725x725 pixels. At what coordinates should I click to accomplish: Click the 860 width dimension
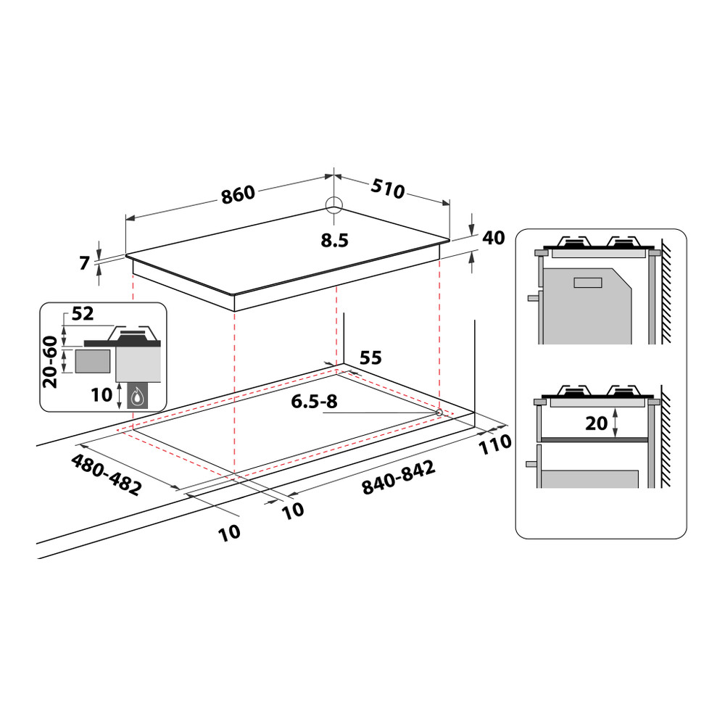click(239, 194)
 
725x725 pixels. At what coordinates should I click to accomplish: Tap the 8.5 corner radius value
click(335, 241)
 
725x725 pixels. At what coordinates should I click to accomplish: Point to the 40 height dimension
click(493, 238)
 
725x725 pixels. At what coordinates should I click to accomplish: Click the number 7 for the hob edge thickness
click(85, 263)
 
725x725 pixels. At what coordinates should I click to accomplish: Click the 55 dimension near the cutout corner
click(370, 357)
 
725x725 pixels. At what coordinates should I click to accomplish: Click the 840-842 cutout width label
click(399, 479)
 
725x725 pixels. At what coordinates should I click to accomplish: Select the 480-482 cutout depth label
click(106, 475)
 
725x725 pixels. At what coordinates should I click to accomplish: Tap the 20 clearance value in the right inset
click(596, 423)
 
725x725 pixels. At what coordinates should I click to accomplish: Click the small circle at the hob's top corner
click(333, 205)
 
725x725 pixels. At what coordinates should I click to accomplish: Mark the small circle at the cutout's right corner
click(439, 412)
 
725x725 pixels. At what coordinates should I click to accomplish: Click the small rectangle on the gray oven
click(587, 283)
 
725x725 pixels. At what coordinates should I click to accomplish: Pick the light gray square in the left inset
click(94, 360)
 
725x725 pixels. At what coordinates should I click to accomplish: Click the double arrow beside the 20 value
click(616, 423)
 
